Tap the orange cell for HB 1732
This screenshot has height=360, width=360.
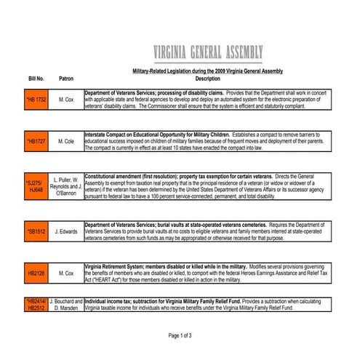pos(36,100)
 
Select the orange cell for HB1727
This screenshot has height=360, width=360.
pos(36,141)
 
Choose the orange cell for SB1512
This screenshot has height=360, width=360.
pos(36,231)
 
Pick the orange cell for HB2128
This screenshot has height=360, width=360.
pos(36,273)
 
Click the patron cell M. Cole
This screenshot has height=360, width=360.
pos(66,141)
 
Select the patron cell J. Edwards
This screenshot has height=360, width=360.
pos(66,231)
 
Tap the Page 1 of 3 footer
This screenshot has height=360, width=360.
pos(180,335)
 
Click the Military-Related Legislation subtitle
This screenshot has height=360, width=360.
pos(207,71)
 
